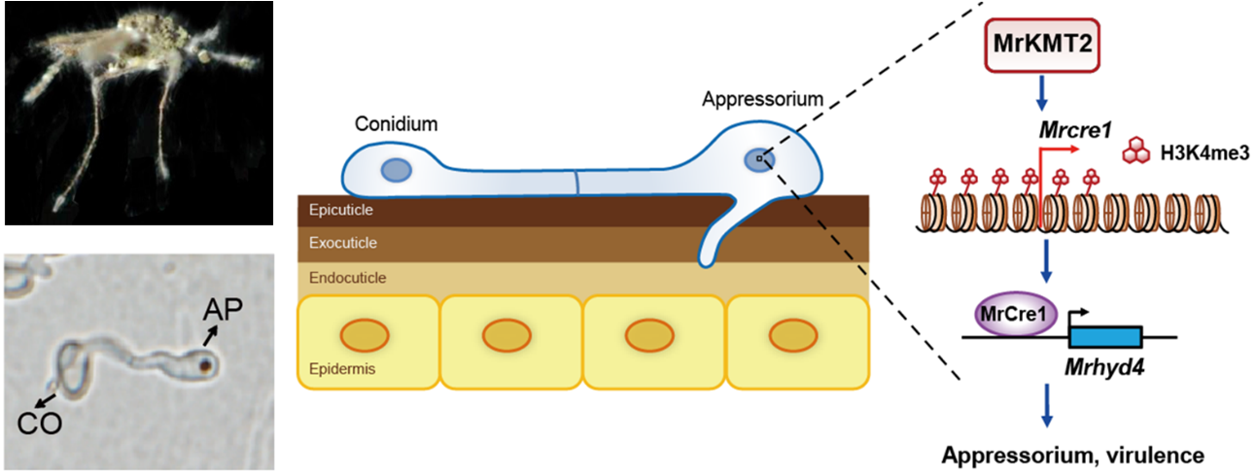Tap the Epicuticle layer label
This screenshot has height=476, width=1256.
click(336, 209)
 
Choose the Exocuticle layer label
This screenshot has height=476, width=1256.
click(338, 243)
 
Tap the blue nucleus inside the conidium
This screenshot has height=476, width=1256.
click(396, 172)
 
